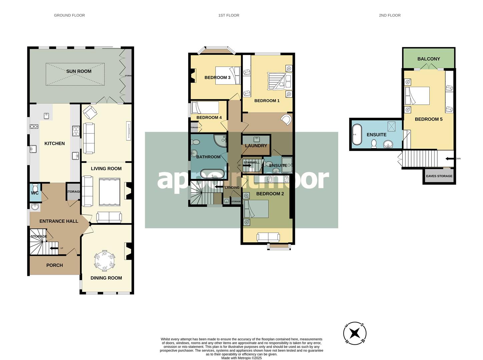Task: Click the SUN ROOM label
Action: pyautogui.click(x=79, y=71)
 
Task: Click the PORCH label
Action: pyautogui.click(x=54, y=265)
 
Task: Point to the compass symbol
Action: pyautogui.click(x=355, y=333)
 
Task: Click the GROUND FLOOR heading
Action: pyautogui.click(x=69, y=15)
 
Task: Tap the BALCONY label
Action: pyautogui.click(x=429, y=59)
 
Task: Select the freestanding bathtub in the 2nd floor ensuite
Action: pyautogui.click(x=357, y=135)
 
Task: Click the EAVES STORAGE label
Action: pyautogui.click(x=439, y=176)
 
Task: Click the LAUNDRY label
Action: pyautogui.click(x=256, y=146)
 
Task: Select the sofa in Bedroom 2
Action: pyautogui.click(x=268, y=237)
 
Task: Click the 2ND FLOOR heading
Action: pyautogui.click(x=390, y=15)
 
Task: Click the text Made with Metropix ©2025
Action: pyautogui.click(x=241, y=358)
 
